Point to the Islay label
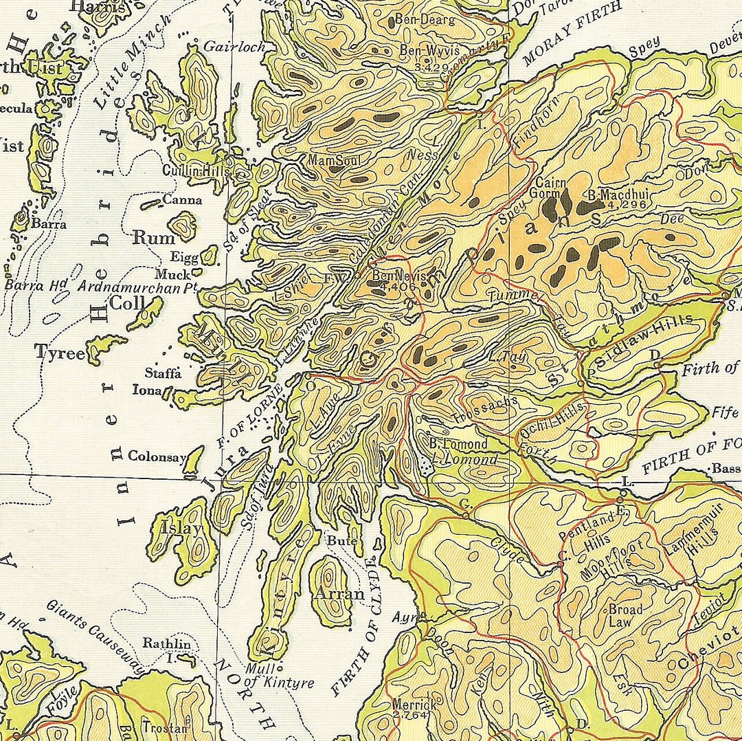(x=182, y=529)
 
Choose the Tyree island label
(x=60, y=353)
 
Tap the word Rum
(x=154, y=238)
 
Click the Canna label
(x=183, y=201)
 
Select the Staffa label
(x=163, y=373)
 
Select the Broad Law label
(x=625, y=616)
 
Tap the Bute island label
(x=341, y=542)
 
